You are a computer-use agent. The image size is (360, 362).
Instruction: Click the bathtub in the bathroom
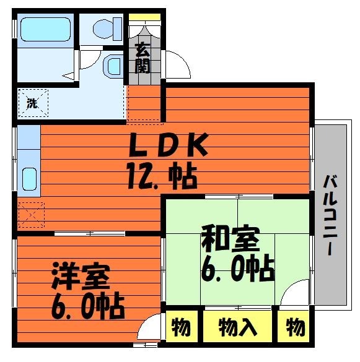46,29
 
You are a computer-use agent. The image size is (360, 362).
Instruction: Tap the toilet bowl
107,29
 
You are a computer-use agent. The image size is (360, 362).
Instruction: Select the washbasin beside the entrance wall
112,66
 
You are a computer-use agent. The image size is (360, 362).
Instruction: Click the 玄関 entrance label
143,58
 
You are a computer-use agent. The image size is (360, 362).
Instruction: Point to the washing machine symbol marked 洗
33,103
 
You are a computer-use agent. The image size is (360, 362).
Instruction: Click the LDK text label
169,145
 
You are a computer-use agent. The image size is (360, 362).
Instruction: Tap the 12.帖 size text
162,175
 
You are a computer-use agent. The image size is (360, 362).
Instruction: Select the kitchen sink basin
29,179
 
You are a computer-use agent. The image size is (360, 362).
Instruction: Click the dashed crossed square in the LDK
31,215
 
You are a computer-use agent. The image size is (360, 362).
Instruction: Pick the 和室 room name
230,239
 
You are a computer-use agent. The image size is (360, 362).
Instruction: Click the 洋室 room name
81,276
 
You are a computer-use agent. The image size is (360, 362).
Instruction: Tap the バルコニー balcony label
331,215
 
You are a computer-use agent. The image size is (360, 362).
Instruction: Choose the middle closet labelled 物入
237,326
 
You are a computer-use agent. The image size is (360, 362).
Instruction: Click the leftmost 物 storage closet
182,326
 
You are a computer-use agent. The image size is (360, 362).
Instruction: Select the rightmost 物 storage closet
294,326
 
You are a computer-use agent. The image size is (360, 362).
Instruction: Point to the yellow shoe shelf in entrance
144,17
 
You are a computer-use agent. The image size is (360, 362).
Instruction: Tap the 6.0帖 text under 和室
237,268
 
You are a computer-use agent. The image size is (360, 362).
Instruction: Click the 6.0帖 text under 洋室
88,306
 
